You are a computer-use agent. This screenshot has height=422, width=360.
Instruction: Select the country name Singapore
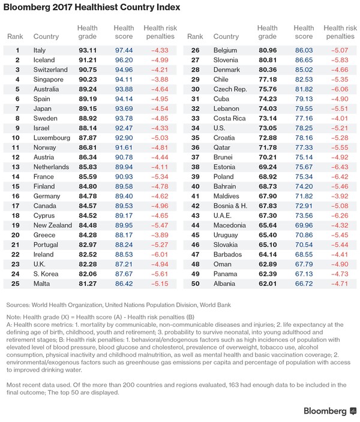[x=49, y=79]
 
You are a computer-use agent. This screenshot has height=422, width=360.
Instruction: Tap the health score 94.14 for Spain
[x=124, y=98]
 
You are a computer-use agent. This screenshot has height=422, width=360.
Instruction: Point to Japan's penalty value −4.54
[x=157, y=108]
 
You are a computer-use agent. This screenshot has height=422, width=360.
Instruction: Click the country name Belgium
[x=226, y=50]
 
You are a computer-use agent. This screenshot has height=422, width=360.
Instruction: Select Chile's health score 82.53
[x=304, y=79]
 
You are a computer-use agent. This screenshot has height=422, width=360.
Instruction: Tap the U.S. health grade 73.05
[x=268, y=127]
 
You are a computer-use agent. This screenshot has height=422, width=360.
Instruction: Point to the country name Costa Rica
[x=230, y=117]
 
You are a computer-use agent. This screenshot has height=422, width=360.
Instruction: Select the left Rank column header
[x=16, y=36]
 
